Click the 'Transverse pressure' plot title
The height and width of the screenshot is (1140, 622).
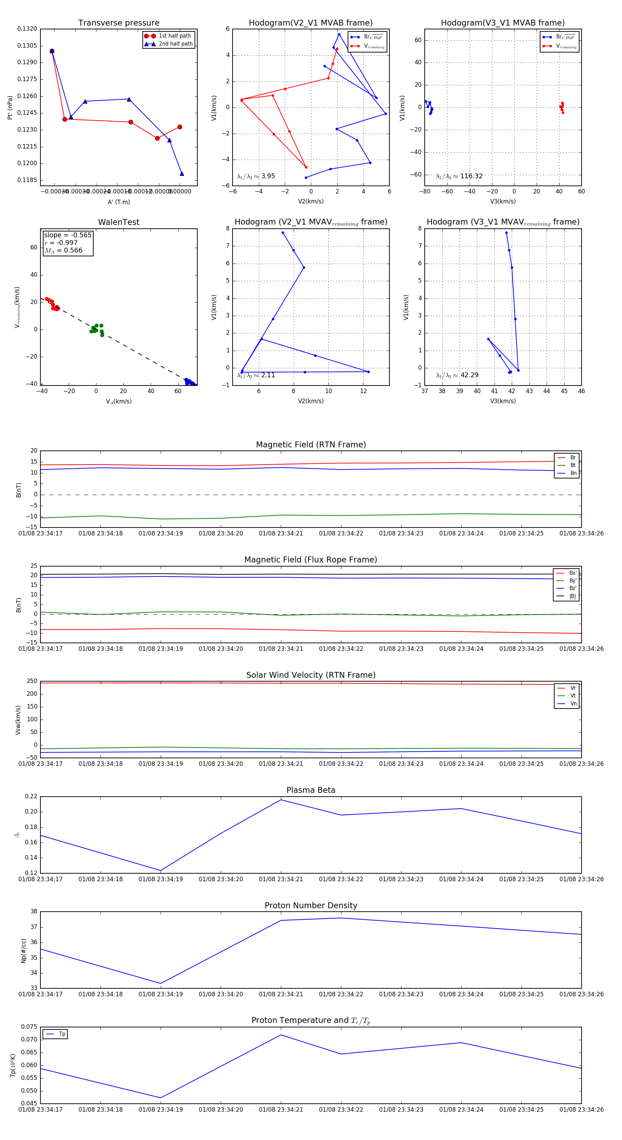[x=119, y=23]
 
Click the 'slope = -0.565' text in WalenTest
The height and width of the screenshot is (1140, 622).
[x=68, y=235]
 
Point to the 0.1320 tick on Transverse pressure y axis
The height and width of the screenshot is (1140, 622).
[x=27, y=29]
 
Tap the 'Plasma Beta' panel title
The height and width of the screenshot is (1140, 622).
[x=311, y=790]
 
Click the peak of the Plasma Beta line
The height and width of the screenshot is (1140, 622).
[x=281, y=800]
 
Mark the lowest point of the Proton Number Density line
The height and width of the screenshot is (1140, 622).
[x=161, y=984]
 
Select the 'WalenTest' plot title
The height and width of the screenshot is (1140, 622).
[x=119, y=222]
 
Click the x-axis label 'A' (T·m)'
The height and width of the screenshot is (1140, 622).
[x=119, y=202]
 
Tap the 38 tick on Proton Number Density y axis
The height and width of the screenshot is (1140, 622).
[x=34, y=911]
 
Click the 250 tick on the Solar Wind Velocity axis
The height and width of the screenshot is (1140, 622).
[x=32, y=681]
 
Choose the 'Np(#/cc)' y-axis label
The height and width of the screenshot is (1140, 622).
[x=23, y=951]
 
